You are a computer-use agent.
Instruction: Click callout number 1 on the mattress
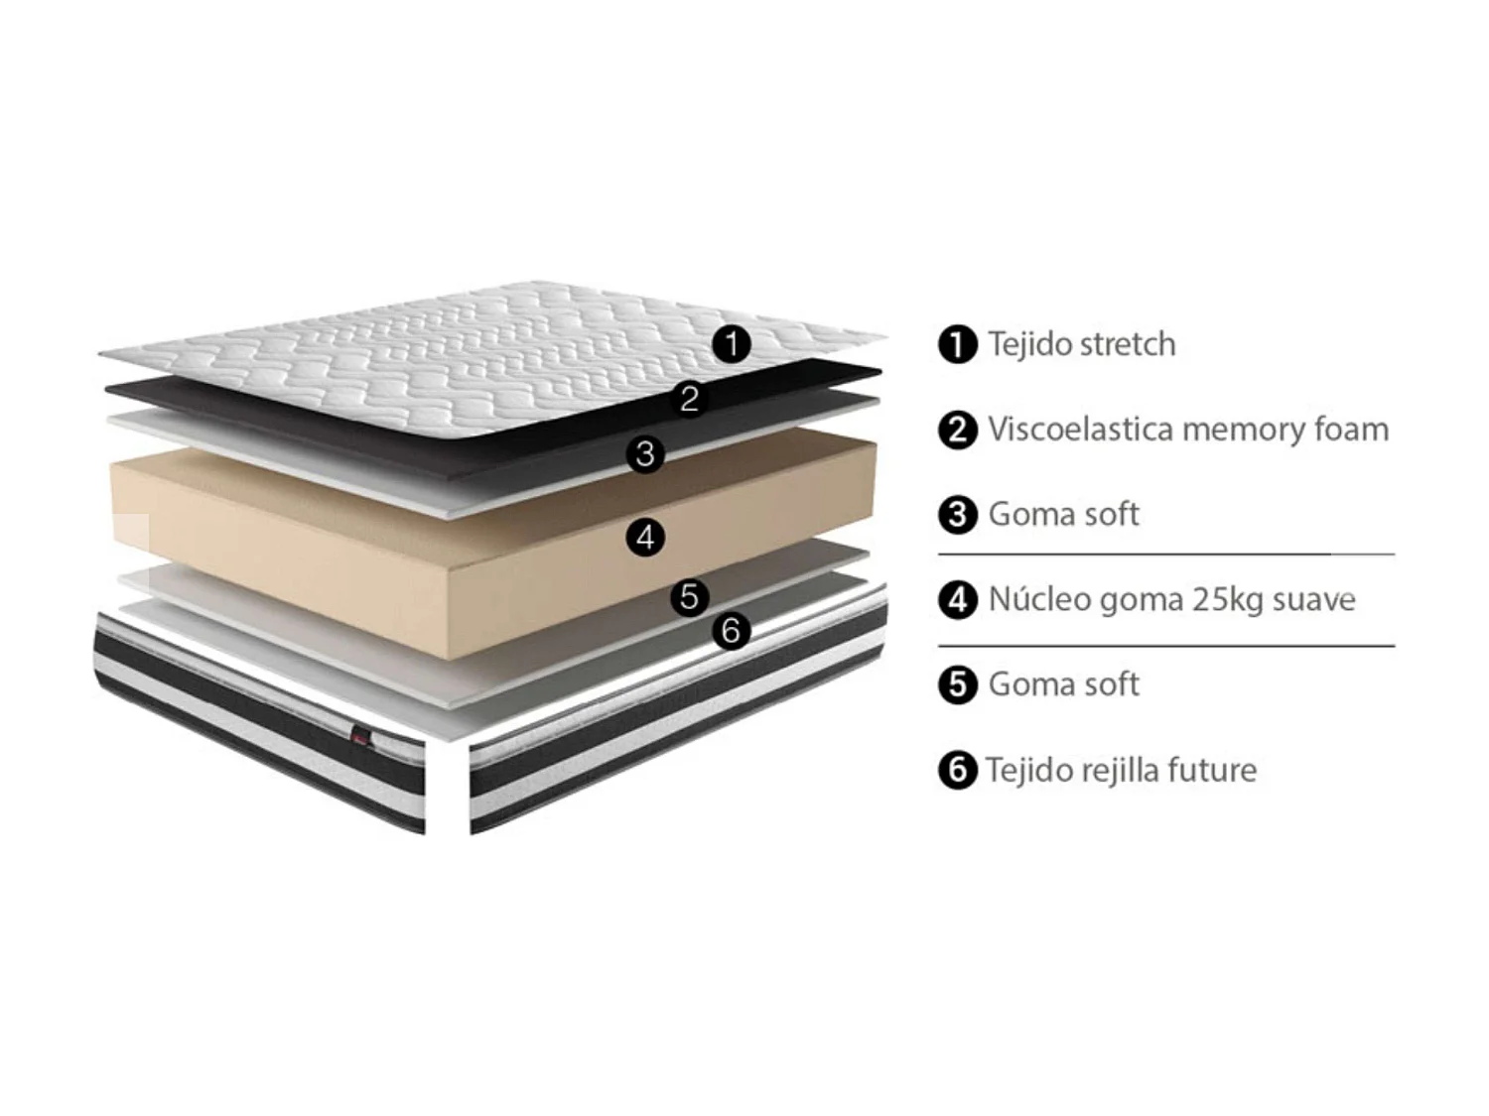point(733,345)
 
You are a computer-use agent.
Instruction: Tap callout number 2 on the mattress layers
point(690,399)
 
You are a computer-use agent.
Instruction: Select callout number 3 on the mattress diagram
point(646,454)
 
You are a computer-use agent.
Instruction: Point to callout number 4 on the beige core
point(646,538)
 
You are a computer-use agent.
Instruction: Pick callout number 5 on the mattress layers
point(690,597)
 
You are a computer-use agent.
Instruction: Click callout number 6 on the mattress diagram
point(732,630)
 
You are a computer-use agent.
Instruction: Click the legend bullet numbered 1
point(957,345)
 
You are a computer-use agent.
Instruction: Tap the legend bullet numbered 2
point(957,431)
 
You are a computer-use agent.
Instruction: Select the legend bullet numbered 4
point(957,600)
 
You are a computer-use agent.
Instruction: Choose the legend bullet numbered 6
point(957,771)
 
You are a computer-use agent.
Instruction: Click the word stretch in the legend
point(1127,344)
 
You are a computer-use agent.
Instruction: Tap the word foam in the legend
point(1351,430)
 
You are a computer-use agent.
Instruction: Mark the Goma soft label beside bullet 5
point(1063,684)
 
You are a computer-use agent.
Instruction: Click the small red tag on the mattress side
point(359,735)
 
